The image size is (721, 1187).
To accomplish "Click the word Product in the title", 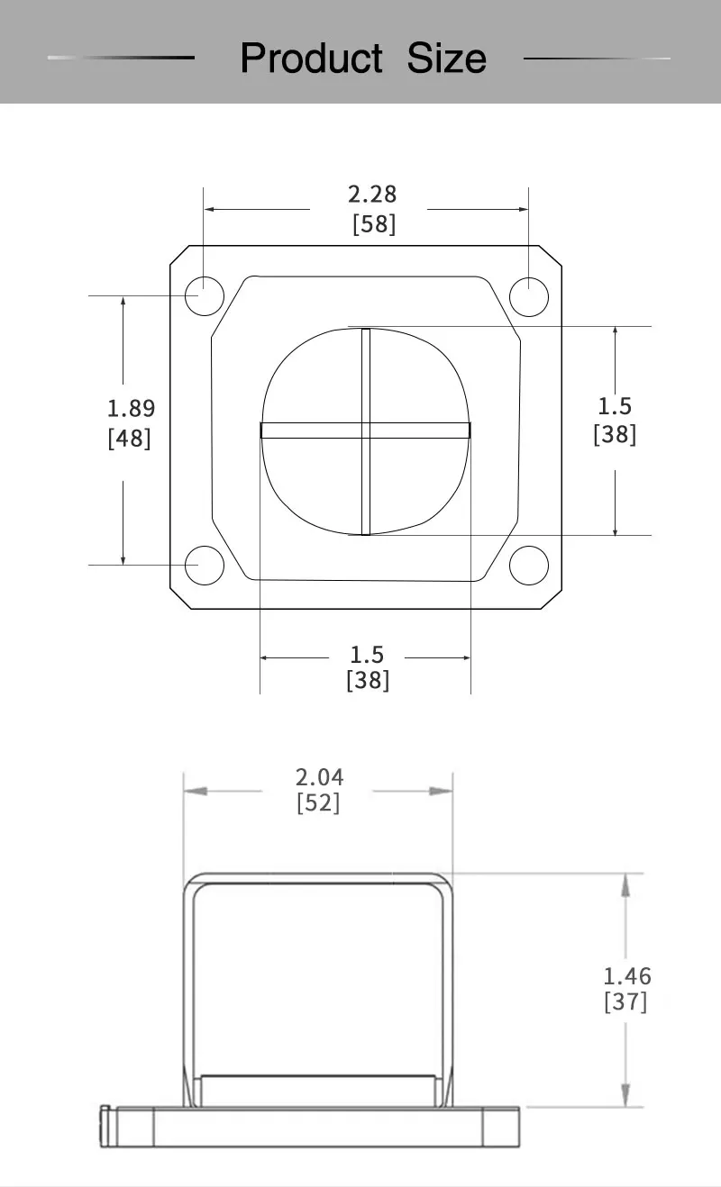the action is (311, 58).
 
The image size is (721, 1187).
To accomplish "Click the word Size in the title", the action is (446, 58).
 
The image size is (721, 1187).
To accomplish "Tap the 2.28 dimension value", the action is (372, 195).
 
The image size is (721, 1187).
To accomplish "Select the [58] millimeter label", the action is (374, 223).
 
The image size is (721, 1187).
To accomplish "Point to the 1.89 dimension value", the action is (131, 409).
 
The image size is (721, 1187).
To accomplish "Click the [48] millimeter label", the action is (130, 439).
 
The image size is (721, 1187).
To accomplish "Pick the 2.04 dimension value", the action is (320, 777).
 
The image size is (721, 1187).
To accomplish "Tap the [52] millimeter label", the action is (318, 802).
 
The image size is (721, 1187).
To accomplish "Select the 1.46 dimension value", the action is (627, 976).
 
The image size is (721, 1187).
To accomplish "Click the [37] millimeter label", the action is (625, 1002).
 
